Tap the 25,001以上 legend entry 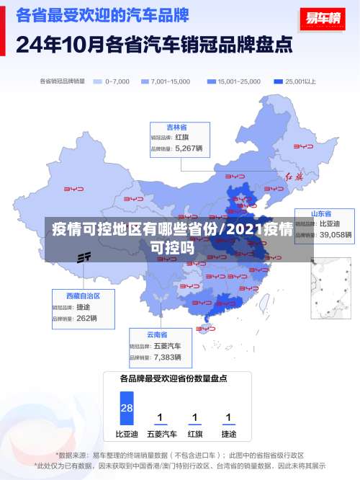(x=279, y=81)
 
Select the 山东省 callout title (x=320, y=213)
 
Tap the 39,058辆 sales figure (x=336, y=234)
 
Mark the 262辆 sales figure (x=86, y=318)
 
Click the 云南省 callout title (x=157, y=334)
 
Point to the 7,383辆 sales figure (x=167, y=357)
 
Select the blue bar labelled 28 (x=127, y=408)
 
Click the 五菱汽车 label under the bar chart (x=161, y=435)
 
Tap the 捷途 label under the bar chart (x=228, y=435)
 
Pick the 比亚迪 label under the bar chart (x=127, y=435)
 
